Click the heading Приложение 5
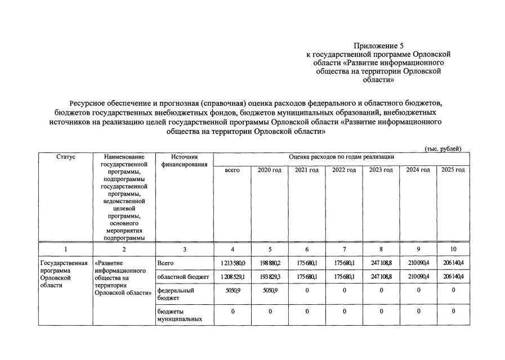[378, 45]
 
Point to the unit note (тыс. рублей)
[443, 148]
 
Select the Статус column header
[66, 157]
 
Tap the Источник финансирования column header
[184, 160]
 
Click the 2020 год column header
[270, 170]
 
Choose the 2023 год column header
[381, 170]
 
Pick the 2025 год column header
[453, 170]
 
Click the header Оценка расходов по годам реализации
[341, 156]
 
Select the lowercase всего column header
[233, 170]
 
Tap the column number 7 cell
[344, 249]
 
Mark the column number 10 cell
[453, 249]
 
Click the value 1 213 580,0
[233, 263]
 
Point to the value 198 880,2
[270, 263]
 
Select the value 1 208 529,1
[233, 277]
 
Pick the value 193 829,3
[270, 277]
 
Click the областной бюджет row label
[183, 277]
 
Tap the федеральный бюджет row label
[176, 294]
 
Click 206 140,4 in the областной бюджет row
[453, 277]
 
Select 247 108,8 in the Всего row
[381, 263]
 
